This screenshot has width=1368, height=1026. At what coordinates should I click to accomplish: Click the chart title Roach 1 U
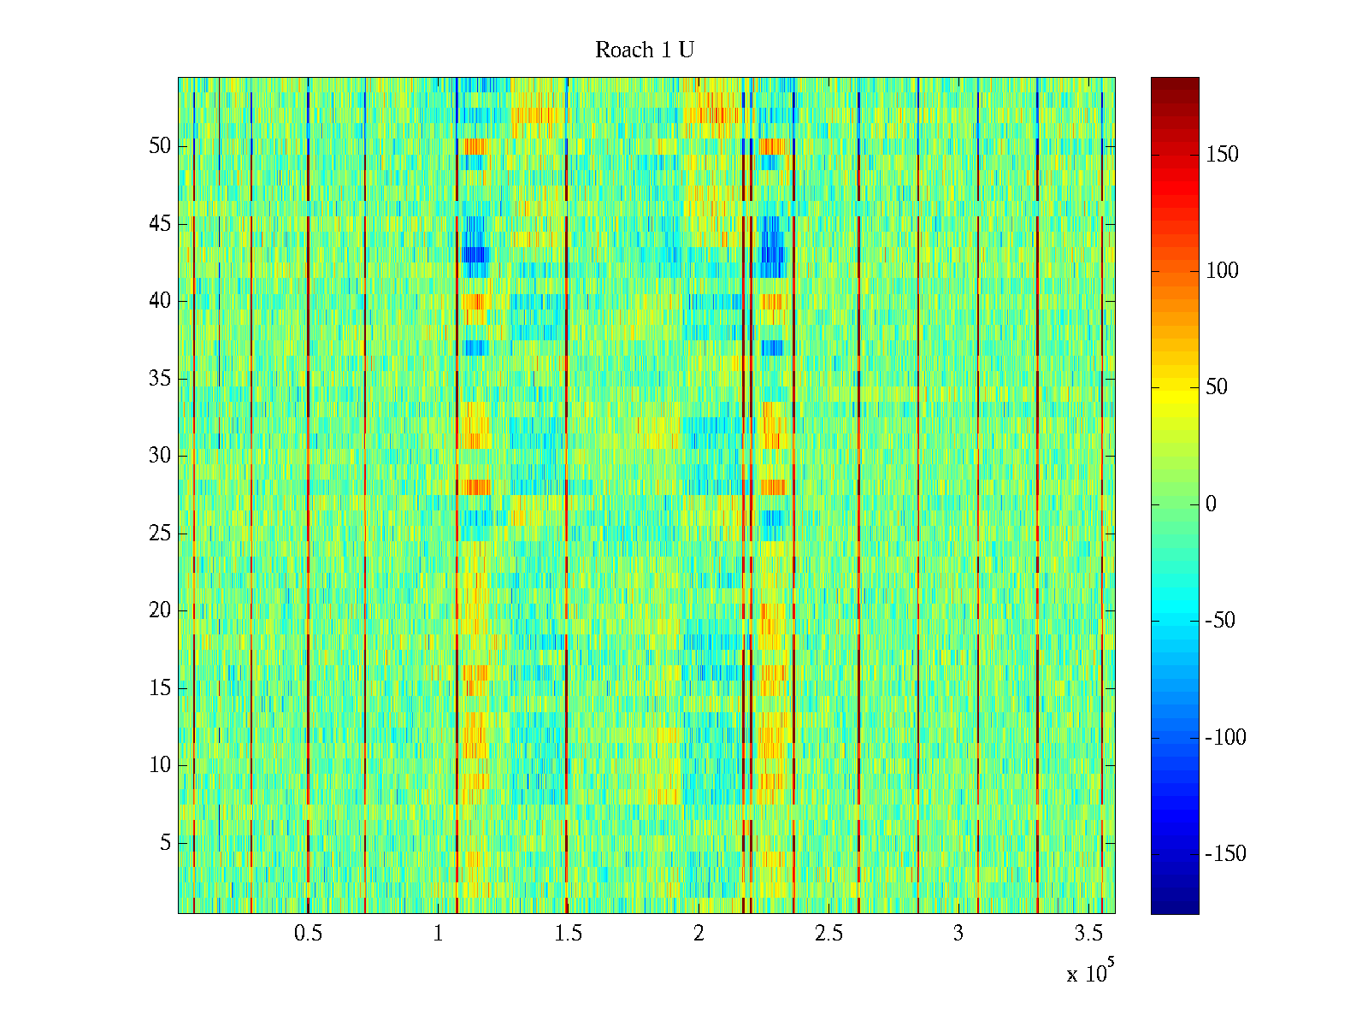coord(644,50)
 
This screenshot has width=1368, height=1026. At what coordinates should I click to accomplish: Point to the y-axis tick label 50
coord(160,146)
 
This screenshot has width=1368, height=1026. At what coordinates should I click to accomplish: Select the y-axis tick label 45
coord(160,224)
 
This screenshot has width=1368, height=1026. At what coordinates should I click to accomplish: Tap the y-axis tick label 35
coord(160,379)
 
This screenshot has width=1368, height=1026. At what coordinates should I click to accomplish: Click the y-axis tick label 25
coord(160,534)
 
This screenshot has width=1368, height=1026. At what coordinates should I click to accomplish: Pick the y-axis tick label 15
coord(160,688)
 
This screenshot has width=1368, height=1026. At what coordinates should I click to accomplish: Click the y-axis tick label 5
coord(165,843)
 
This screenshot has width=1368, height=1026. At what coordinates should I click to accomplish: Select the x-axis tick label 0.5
coord(308,934)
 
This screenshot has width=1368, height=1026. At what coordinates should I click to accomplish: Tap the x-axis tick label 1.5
coord(568,934)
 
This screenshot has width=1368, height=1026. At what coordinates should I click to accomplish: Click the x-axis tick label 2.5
coord(828,934)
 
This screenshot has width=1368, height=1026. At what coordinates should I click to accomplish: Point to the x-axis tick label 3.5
coord(1088,934)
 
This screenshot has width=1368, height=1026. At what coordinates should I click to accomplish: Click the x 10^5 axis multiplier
coord(1090,972)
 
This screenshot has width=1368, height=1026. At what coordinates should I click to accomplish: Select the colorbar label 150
coord(1222,155)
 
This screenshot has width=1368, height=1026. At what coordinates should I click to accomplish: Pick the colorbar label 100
coord(1222,271)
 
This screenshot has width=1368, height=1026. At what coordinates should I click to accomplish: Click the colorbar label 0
coord(1211,504)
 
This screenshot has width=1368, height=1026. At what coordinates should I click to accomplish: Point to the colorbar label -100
coord(1224,738)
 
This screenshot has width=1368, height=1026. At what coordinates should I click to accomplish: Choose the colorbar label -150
coord(1224,854)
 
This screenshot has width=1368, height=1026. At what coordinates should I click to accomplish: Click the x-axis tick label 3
coord(958,934)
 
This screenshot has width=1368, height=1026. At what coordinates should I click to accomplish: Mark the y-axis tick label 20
coord(160,610)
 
